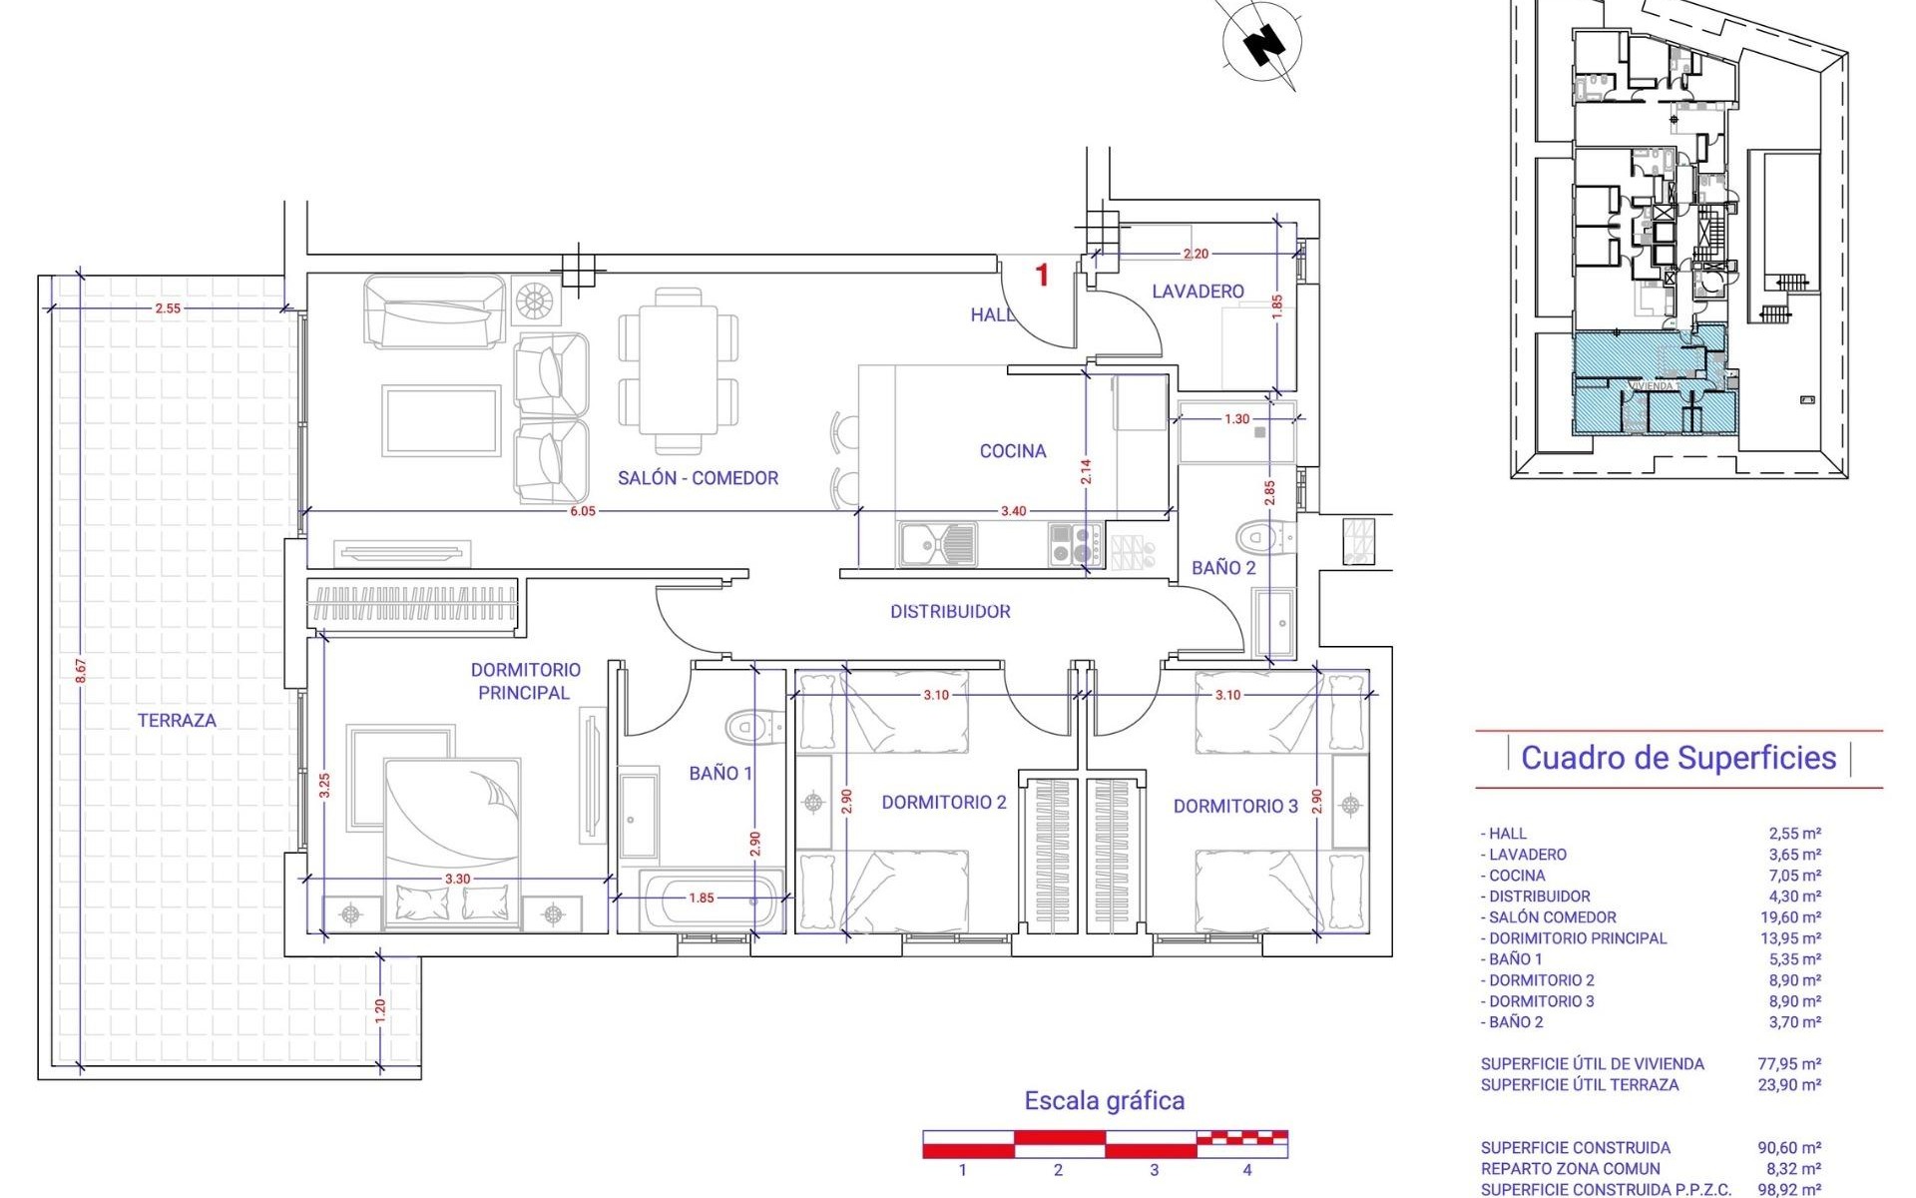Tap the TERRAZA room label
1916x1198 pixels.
(177, 720)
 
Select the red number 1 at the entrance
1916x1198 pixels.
(1043, 275)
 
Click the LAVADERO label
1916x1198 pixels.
(1197, 292)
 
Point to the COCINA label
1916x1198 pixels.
(1013, 451)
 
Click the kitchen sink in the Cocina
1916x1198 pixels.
(937, 544)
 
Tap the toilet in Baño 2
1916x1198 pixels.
(1261, 539)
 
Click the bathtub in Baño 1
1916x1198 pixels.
(711, 899)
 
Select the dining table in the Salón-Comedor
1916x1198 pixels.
(679, 370)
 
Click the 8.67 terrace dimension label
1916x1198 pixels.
(81, 671)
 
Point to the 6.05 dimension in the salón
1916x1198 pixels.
(583, 511)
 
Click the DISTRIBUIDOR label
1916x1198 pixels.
(950, 611)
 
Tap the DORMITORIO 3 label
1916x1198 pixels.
(1235, 806)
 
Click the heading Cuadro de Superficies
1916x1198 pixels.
(1677, 758)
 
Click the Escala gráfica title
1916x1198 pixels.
(1105, 1100)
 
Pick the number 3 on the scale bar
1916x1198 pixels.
(1154, 1170)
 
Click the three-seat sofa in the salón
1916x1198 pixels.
(435, 311)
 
